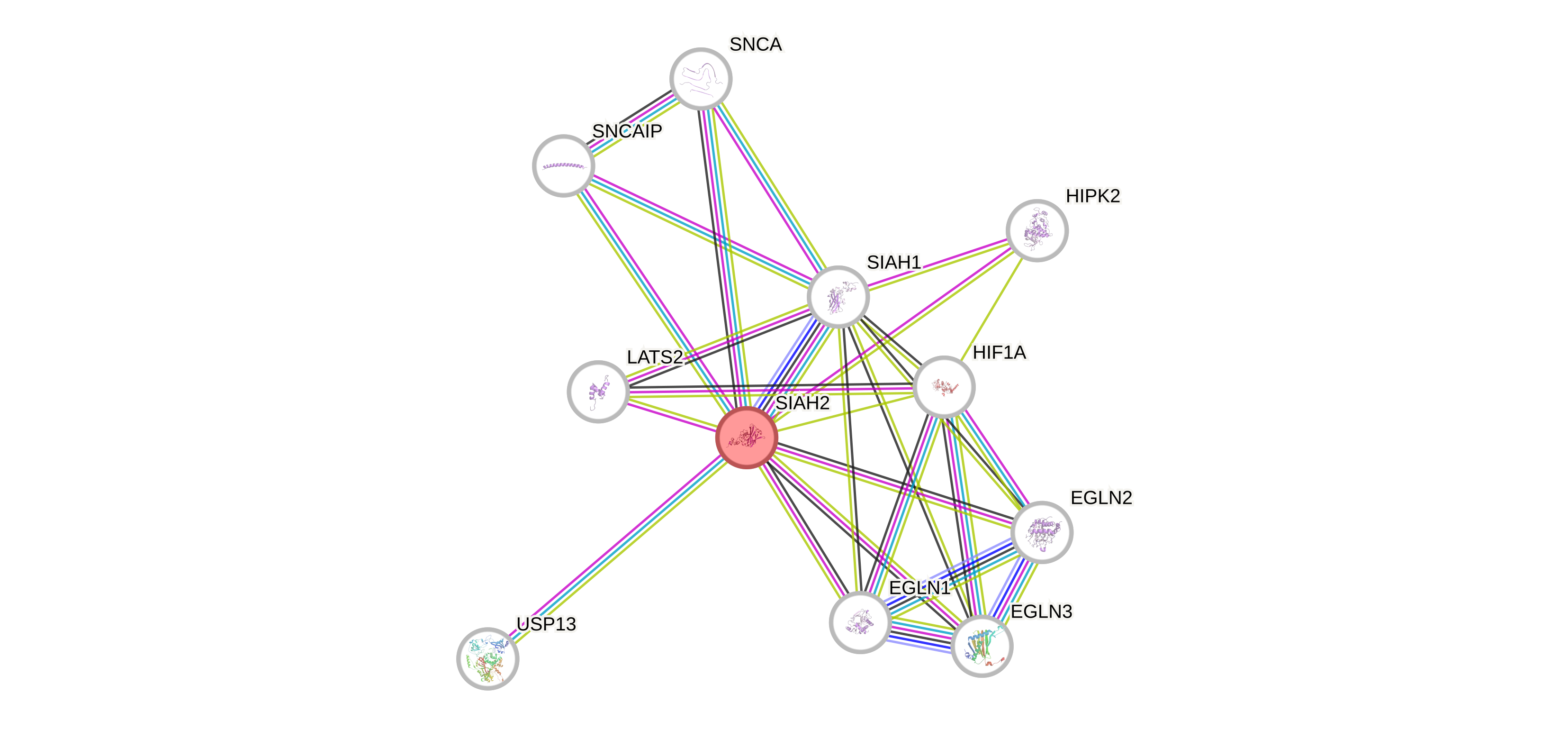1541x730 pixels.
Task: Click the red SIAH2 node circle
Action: click(747, 438)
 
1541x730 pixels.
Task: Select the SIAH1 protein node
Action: click(838, 297)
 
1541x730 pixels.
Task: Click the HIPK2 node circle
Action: click(1036, 230)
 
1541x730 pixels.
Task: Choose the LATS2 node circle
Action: click(598, 392)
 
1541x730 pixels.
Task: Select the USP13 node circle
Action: click(487, 658)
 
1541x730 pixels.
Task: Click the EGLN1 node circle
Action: click(860, 622)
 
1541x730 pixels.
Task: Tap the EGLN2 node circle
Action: click(1042, 532)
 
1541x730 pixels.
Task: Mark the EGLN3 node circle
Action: click(982, 646)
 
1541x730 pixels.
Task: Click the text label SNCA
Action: click(756, 44)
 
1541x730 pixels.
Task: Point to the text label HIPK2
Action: click(1093, 196)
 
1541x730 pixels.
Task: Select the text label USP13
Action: click(546, 625)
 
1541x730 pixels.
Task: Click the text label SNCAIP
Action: click(627, 131)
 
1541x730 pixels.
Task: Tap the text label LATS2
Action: click(655, 357)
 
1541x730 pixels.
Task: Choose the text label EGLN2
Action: click(1101, 498)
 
